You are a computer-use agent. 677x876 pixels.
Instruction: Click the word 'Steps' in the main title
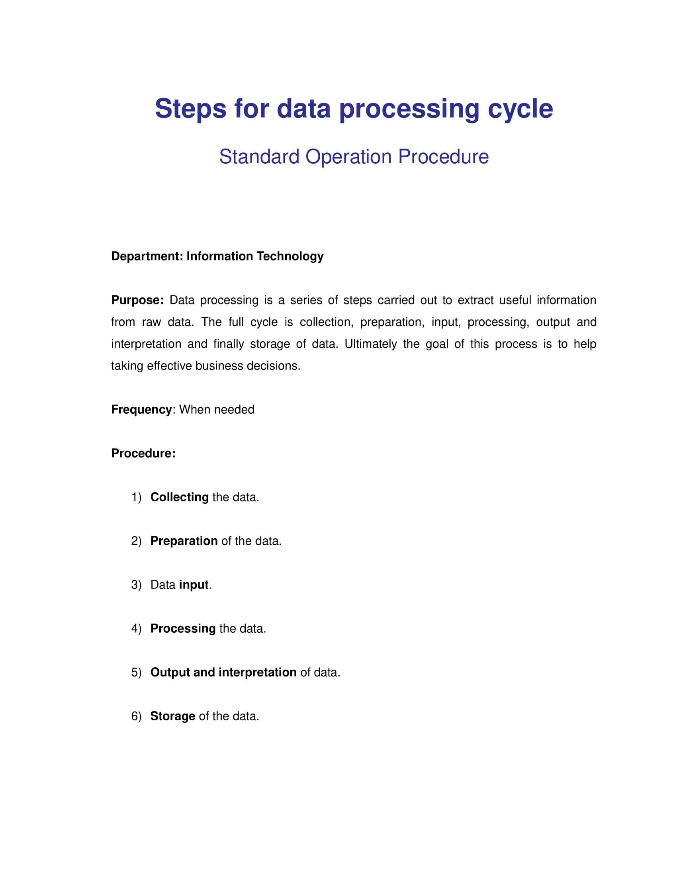pos(190,109)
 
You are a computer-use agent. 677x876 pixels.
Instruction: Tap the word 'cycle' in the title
pos(520,109)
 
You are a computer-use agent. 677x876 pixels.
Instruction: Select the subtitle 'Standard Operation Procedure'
pos(354,156)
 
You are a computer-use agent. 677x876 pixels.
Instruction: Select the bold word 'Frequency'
pos(141,409)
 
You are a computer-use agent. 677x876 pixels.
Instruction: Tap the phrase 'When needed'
pos(217,409)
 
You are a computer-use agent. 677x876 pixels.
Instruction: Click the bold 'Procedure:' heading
pos(143,453)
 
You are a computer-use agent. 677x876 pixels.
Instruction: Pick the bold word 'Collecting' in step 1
pos(179,497)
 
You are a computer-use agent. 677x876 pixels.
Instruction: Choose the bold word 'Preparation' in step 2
pos(184,541)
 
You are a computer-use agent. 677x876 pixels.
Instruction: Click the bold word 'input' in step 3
pos(194,585)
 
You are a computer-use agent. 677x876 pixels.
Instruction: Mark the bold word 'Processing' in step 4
pos(183,628)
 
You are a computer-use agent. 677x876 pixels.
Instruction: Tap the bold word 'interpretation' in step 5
pos(258,672)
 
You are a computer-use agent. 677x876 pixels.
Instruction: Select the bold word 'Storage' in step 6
pos(172,716)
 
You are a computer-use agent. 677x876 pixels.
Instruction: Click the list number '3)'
pos(136,585)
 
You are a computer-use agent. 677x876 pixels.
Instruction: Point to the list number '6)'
pos(136,716)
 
